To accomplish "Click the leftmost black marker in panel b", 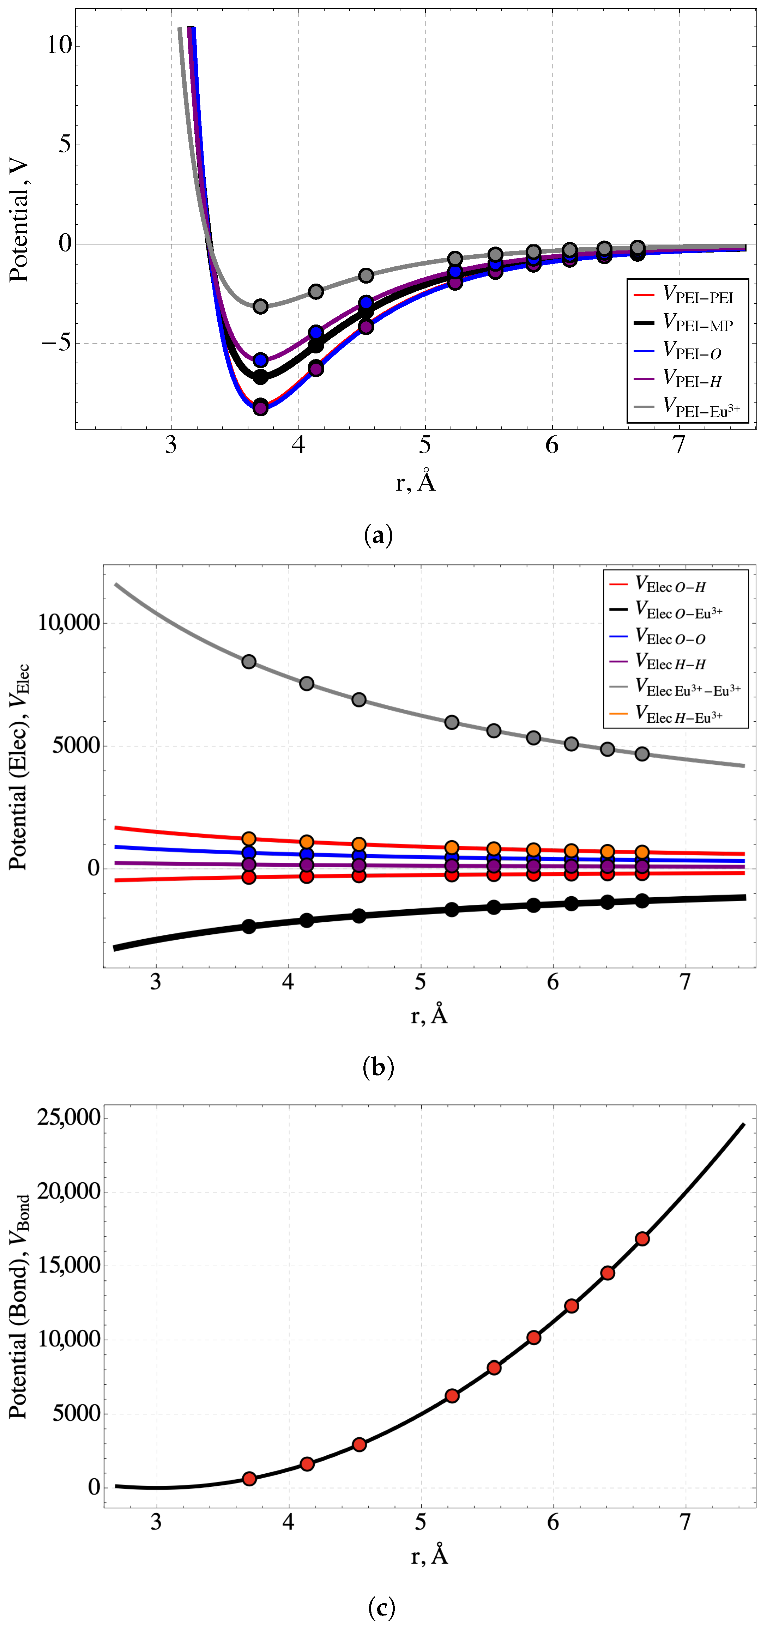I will pyautogui.click(x=249, y=926).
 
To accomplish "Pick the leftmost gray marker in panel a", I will pyautogui.click(x=260, y=307).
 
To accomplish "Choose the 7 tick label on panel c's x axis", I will pyautogui.click(x=685, y=1523).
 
